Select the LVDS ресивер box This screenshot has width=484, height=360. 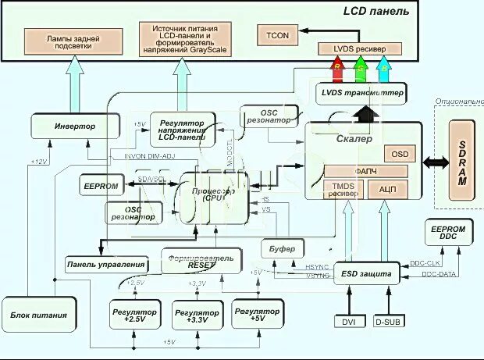pos(359,49)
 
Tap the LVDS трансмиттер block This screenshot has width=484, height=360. pos(361,94)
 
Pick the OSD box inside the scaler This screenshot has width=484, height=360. pos(400,155)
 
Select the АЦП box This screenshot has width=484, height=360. pos(388,188)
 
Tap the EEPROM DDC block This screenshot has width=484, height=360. pos(447,232)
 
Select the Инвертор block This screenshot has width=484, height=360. pos(74,126)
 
